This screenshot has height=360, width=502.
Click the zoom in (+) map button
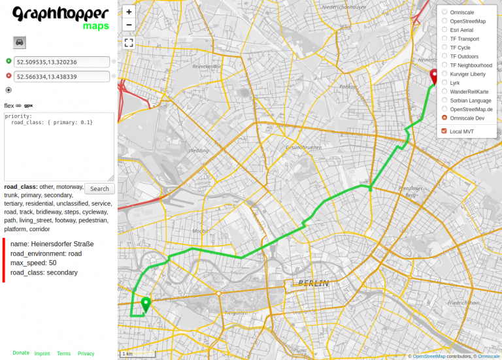(129, 12)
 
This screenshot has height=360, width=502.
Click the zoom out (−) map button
(129, 25)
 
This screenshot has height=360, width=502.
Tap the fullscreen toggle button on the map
(129, 43)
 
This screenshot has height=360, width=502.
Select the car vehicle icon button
(20, 42)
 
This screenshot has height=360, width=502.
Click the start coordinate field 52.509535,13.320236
(61, 62)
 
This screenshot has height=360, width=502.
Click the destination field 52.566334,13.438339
(61, 76)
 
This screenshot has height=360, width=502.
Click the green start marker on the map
(146, 304)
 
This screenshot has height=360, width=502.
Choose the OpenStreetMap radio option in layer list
(445, 21)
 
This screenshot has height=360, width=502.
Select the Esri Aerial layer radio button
(445, 30)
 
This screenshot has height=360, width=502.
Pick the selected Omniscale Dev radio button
(445, 118)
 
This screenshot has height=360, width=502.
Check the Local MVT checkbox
(445, 131)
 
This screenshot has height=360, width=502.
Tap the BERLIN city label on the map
(312, 283)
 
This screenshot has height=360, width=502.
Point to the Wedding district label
(198, 150)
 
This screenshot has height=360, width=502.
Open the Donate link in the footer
(21, 353)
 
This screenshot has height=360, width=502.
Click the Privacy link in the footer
(86, 353)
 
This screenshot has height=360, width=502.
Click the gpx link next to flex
(29, 105)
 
